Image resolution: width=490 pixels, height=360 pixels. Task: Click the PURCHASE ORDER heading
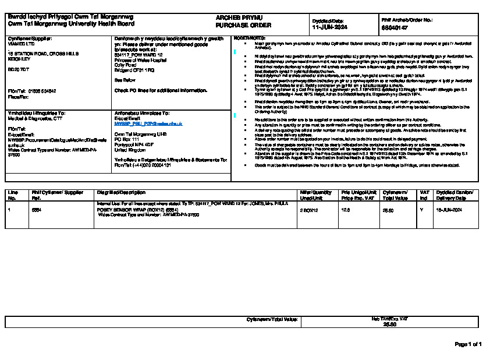[235, 26]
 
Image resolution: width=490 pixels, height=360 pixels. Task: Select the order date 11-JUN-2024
[329, 27]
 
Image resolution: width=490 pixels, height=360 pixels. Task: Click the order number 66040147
[395, 27]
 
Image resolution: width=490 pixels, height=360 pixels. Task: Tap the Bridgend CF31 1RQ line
[134, 69]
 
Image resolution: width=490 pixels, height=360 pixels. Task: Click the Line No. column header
[13, 195]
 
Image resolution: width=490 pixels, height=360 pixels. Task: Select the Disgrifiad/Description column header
[121, 192]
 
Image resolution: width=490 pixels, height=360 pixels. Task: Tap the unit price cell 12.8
[345, 209]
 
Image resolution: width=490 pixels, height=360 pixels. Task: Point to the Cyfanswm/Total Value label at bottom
[272, 319]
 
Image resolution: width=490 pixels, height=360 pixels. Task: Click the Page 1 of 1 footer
[468, 344]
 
